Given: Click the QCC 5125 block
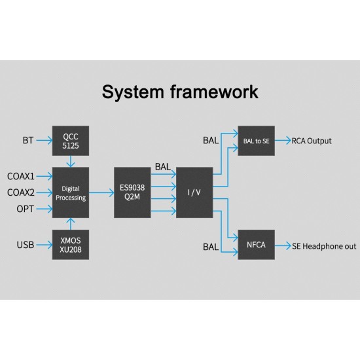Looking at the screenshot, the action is coord(71,141).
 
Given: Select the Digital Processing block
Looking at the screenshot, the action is coord(71,192).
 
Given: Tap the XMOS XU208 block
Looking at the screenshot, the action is coord(71,245).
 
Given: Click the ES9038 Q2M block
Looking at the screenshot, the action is coord(132,192).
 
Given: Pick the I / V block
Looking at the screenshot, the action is coord(194,192).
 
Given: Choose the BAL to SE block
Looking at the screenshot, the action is coord(256,141).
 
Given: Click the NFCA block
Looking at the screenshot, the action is coord(256,245).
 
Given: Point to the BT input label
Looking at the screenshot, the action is coord(28,140).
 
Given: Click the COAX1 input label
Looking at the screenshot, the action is coord(21,176).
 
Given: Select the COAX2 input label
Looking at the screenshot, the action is coord(21,192).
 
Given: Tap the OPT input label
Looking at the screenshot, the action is coord(26,209).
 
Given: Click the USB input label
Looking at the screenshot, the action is coord(26,245).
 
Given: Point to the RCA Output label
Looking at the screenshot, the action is coord(312,141).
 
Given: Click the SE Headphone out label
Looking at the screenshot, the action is coord(324,246).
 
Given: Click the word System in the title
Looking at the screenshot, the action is coord(133,92).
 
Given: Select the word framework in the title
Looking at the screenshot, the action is coord(214,92).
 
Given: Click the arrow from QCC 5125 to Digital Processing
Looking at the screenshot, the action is coord(71,162).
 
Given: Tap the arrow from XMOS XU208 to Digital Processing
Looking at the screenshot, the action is coord(71,224).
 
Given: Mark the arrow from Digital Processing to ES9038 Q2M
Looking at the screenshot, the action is coord(101,192).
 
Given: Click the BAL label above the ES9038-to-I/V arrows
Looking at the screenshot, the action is coord(163,167).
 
